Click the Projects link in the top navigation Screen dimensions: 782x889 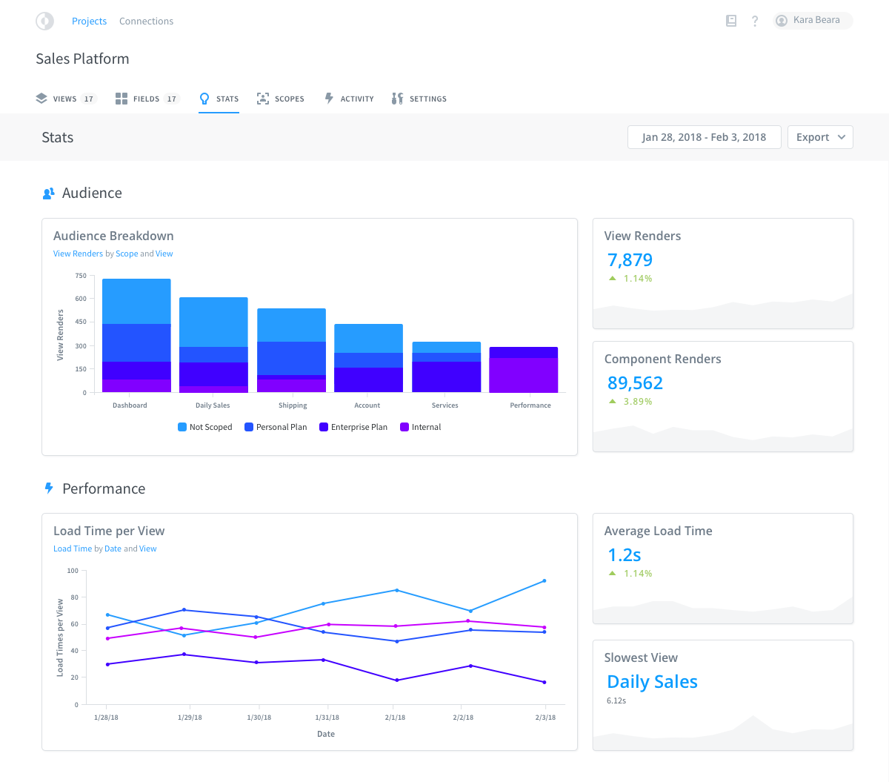[89, 21]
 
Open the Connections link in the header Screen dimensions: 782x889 [146, 21]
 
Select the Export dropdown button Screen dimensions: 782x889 [820, 137]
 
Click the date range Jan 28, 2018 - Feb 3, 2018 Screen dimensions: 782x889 [704, 137]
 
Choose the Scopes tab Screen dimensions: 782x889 [281, 99]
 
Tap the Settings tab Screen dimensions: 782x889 [419, 99]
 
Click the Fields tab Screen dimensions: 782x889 [147, 99]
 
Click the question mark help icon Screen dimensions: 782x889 [755, 21]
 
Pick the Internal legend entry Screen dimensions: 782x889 [421, 427]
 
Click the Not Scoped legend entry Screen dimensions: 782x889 [205, 427]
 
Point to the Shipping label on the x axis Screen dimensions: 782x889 [293, 405]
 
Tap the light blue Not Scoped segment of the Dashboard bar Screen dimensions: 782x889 [136, 302]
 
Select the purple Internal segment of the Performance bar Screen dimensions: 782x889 [524, 375]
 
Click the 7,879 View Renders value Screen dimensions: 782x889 [630, 260]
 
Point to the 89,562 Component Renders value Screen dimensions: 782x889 [635, 383]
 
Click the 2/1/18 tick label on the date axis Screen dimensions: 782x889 [395, 718]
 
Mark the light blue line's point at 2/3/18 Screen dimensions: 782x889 [545, 581]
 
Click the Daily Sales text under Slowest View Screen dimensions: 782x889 [652, 682]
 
